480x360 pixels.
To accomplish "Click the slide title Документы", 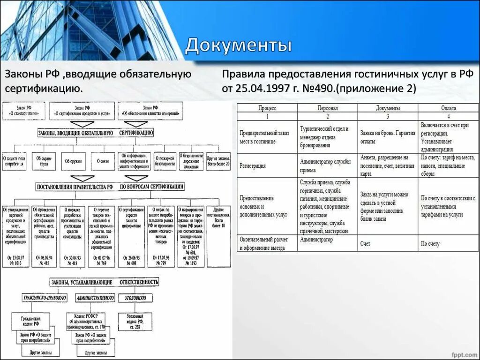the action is click(239, 46).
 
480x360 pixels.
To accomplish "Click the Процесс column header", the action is click(267, 108).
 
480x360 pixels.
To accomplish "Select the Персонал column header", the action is click(327, 108).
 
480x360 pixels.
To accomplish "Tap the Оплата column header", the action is click(448, 108).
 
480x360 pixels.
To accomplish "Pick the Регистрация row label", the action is click(253, 165).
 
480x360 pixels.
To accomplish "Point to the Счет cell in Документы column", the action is click(366, 244).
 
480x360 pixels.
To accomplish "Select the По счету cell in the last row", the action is click(430, 244).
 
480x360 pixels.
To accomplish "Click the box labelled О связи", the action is click(104, 161).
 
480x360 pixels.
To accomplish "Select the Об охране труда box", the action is click(46, 161).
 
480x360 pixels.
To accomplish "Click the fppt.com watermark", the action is click(462, 351).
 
